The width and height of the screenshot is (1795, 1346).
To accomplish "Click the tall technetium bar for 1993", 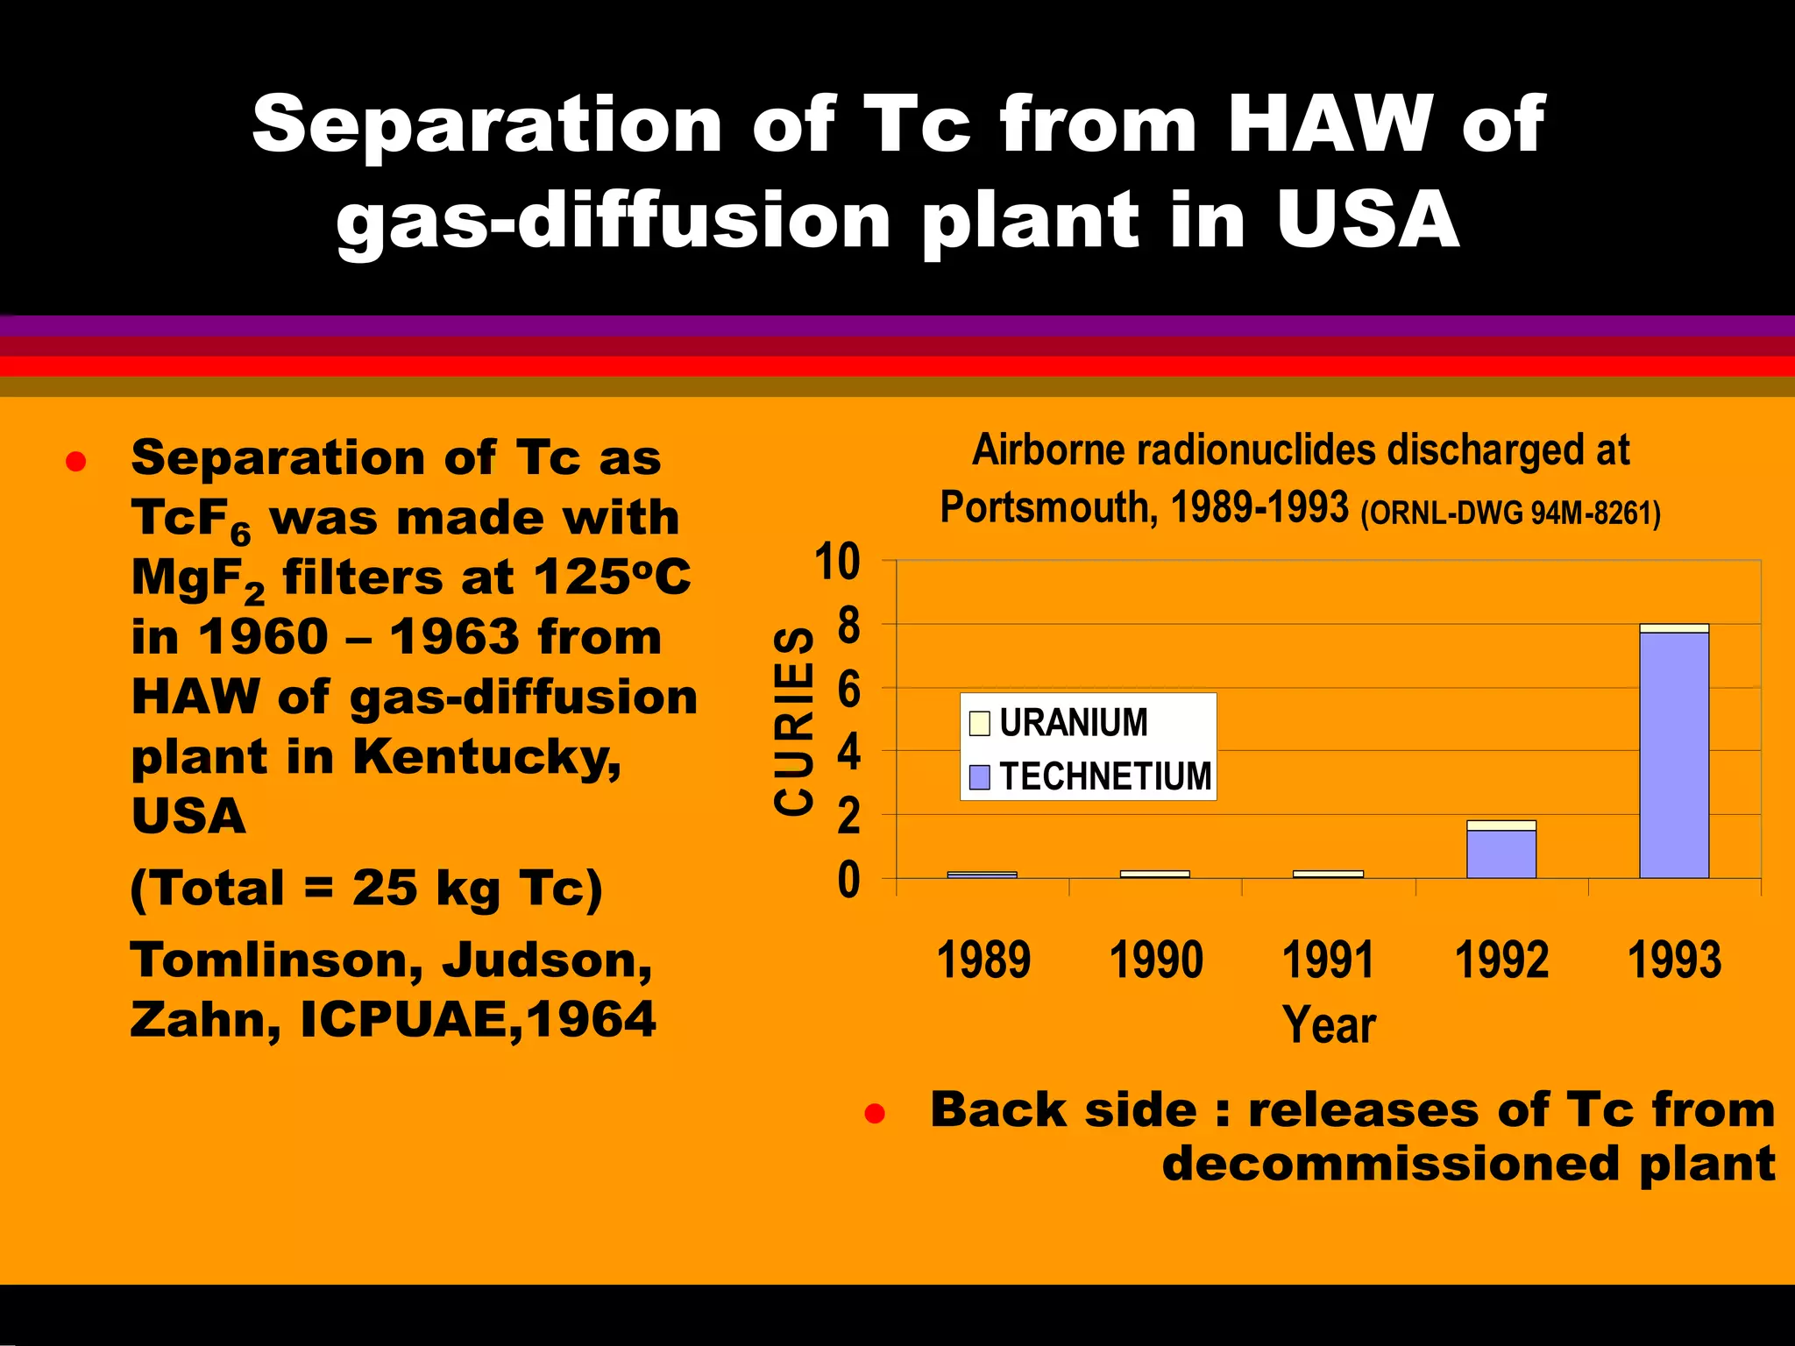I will pyautogui.click(x=1674, y=754).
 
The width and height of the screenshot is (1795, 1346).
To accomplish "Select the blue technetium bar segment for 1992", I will pyautogui.click(x=1501, y=854).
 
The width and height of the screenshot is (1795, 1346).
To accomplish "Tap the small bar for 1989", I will pyautogui.click(x=982, y=874).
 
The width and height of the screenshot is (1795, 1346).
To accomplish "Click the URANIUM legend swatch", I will pyautogui.click(x=980, y=723).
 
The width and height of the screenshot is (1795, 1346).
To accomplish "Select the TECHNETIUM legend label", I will pyautogui.click(x=1105, y=776).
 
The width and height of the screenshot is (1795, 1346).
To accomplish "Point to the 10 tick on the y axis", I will pyautogui.click(x=837, y=562).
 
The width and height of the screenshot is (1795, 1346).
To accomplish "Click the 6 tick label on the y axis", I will pyautogui.click(x=848, y=691).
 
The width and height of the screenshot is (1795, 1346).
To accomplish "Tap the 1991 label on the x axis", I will pyautogui.click(x=1328, y=960).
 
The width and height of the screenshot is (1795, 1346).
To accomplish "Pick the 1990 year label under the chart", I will pyautogui.click(x=1155, y=960).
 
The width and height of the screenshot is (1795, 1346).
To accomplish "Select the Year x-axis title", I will pyautogui.click(x=1328, y=1024).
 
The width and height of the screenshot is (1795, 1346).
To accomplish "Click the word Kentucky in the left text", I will pyautogui.click(x=486, y=756).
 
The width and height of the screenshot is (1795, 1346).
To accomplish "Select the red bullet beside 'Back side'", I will pyautogui.click(x=874, y=1114).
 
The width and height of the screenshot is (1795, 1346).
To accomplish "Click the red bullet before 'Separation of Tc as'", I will pyautogui.click(x=75, y=462).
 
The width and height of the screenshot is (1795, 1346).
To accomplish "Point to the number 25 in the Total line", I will pyautogui.click(x=385, y=889).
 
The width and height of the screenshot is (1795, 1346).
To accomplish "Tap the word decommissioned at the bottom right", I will pyautogui.click(x=1390, y=1165).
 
